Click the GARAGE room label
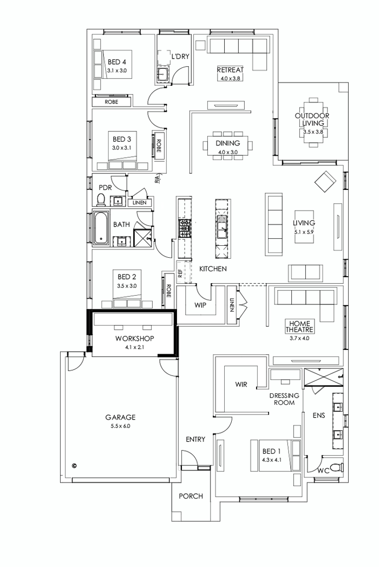tap(120, 417)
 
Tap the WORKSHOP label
tap(135, 339)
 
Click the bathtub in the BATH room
tap(101, 228)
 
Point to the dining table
tap(228, 144)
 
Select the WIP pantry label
tap(200, 305)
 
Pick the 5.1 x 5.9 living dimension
tap(304, 232)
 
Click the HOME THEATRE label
tap(300, 326)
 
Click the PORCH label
tap(191, 496)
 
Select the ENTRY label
tap(195, 439)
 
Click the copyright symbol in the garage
tap(74, 465)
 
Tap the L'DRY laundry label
tap(180, 56)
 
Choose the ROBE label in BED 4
tap(112, 101)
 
